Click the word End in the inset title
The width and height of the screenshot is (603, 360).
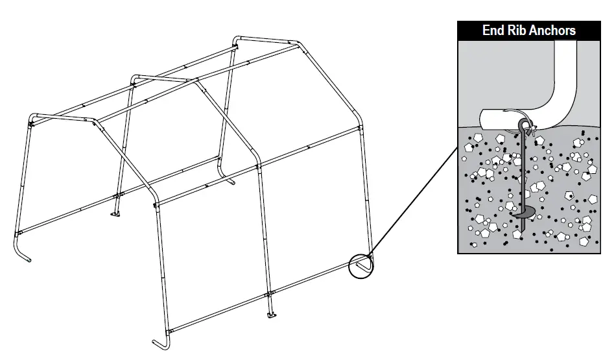[494, 30]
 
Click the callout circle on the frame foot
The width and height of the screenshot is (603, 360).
[361, 266]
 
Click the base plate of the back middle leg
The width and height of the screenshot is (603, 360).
[117, 215]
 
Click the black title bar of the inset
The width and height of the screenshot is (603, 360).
[529, 30]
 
